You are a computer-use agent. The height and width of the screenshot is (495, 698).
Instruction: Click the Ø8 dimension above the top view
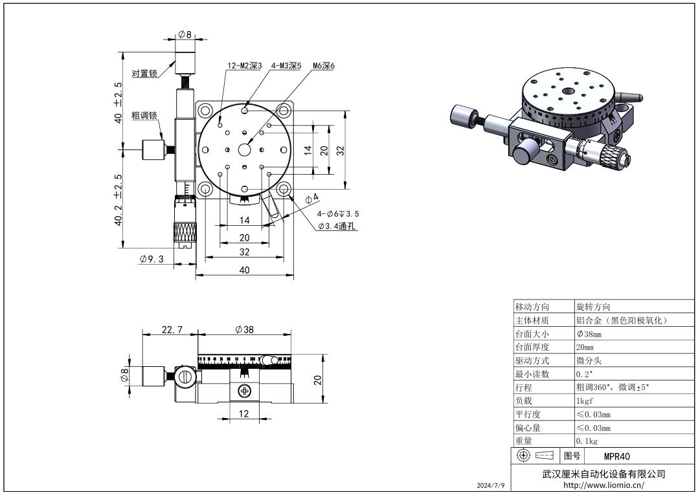(x=185, y=34)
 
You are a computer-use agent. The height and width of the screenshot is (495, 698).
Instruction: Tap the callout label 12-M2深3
(x=244, y=66)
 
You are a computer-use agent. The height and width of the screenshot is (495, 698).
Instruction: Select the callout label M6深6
(x=323, y=66)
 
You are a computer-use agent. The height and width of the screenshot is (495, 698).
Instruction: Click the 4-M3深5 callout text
(x=286, y=66)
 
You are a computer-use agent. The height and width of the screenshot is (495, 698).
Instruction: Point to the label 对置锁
(x=144, y=74)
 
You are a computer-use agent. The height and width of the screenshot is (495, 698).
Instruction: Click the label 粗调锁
(x=144, y=116)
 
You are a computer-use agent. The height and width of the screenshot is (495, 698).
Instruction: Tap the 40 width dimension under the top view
(x=244, y=270)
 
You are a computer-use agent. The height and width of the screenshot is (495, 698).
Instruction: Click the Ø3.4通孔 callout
(x=337, y=226)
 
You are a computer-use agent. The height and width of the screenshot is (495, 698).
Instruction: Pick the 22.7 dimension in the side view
(x=172, y=329)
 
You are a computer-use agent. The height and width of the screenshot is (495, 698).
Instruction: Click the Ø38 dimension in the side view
(x=244, y=329)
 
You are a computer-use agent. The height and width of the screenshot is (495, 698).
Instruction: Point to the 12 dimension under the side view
(x=244, y=414)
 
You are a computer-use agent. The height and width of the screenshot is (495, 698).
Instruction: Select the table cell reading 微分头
(x=589, y=360)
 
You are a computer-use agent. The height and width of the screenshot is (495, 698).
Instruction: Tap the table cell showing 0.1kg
(x=588, y=441)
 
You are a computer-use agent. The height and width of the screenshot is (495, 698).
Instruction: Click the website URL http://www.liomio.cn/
(x=603, y=485)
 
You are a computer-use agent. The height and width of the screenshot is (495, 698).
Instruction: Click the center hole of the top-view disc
(x=244, y=149)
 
